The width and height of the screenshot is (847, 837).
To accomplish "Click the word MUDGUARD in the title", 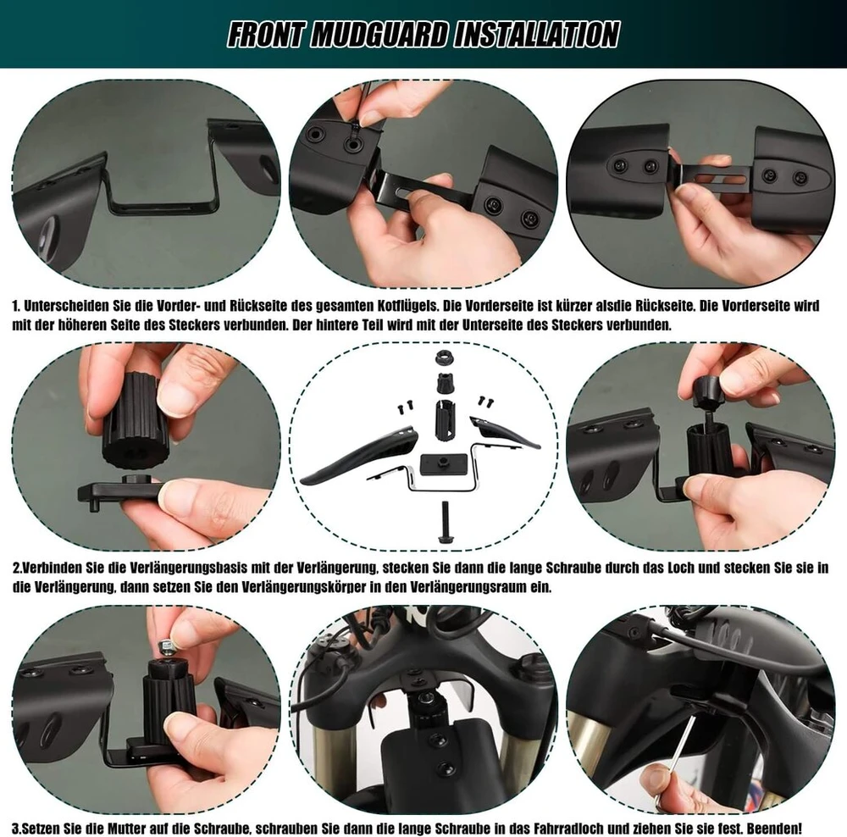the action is pyautogui.click(x=379, y=35).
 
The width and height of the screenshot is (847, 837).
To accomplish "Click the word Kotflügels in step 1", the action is pyautogui.click(x=407, y=307).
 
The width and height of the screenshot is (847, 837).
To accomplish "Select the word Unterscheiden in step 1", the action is pyautogui.click(x=66, y=307).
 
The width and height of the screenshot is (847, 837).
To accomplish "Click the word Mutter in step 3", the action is pyautogui.click(x=128, y=829).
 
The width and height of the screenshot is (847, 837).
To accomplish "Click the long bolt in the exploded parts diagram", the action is pyautogui.click(x=446, y=522).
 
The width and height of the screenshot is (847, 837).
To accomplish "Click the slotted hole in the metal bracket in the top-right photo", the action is pyautogui.click(x=722, y=178).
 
